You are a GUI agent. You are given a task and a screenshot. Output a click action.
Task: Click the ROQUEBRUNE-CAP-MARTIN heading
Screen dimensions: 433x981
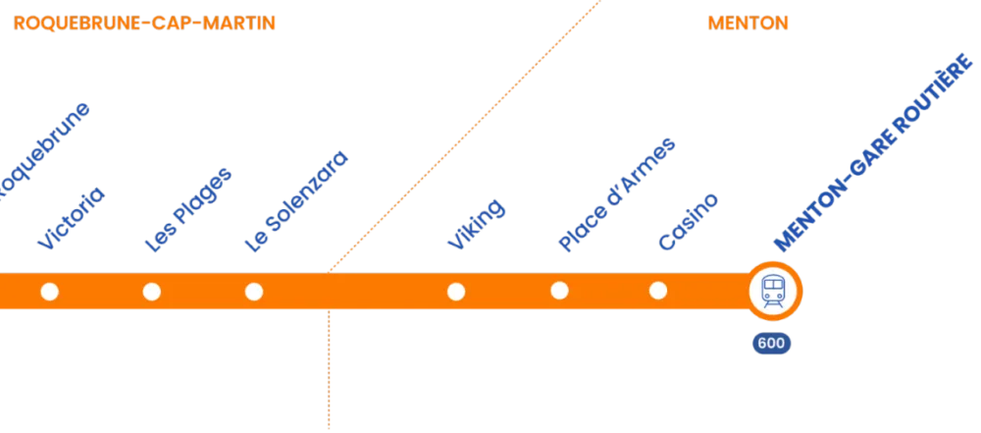145,23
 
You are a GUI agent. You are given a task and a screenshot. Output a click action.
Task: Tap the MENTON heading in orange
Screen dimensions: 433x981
748,23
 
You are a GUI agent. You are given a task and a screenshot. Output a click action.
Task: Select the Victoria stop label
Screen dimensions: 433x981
70,218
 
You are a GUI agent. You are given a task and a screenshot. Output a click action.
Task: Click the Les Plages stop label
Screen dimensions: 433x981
187,211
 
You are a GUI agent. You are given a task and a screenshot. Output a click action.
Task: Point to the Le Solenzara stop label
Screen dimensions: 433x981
296,203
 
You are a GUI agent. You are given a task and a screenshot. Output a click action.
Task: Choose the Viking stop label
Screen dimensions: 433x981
476,224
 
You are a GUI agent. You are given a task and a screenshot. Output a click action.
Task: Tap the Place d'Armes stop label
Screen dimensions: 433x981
616,195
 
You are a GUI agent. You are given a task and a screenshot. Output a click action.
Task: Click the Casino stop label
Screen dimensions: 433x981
688,221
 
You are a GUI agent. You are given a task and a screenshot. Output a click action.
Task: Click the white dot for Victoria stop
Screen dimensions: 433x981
49,292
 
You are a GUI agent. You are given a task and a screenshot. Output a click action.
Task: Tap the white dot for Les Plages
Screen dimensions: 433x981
151,292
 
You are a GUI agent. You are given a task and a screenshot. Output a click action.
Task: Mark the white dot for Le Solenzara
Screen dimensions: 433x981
253,292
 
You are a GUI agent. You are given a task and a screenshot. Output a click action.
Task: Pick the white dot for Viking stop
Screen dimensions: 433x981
455,292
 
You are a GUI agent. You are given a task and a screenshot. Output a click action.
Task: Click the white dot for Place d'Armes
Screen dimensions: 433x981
559,291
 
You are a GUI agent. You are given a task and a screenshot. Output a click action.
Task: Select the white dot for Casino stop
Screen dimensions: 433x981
658,291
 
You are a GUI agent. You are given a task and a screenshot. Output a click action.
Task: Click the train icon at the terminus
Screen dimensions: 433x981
773,291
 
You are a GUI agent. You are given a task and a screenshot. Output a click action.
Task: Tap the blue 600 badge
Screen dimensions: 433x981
771,344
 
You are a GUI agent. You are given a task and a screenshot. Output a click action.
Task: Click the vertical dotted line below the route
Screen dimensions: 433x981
329,373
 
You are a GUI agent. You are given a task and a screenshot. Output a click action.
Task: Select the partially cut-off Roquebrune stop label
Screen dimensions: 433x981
44,152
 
